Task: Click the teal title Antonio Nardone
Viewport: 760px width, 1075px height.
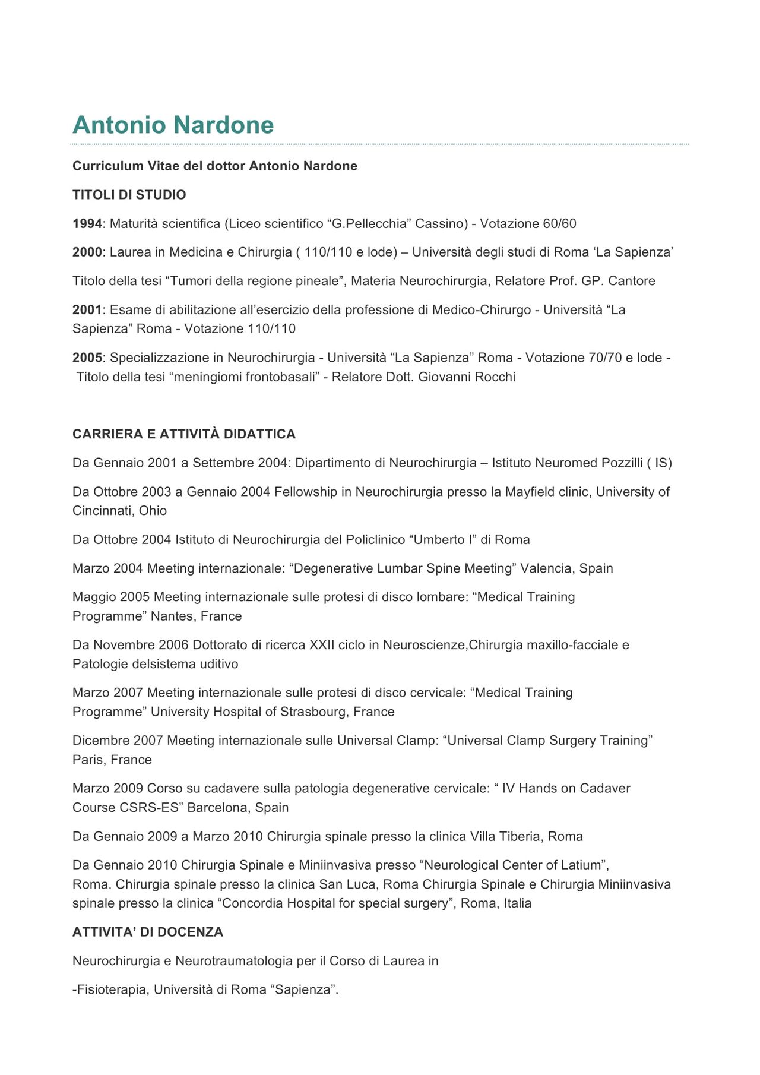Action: click(x=173, y=125)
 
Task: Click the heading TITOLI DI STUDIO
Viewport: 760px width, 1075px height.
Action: click(x=129, y=195)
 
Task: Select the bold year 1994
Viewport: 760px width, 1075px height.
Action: click(x=87, y=224)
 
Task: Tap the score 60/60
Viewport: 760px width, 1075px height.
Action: click(x=559, y=224)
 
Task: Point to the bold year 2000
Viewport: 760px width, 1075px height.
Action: click(x=87, y=252)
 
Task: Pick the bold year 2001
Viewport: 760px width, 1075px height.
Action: click(x=87, y=310)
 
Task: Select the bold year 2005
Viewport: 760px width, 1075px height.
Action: click(x=87, y=358)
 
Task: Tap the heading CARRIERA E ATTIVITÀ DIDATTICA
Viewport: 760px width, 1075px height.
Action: click(x=184, y=434)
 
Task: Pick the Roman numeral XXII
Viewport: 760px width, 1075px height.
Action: click(x=322, y=645)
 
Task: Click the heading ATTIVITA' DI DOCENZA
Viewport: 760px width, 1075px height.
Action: click(x=148, y=932)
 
